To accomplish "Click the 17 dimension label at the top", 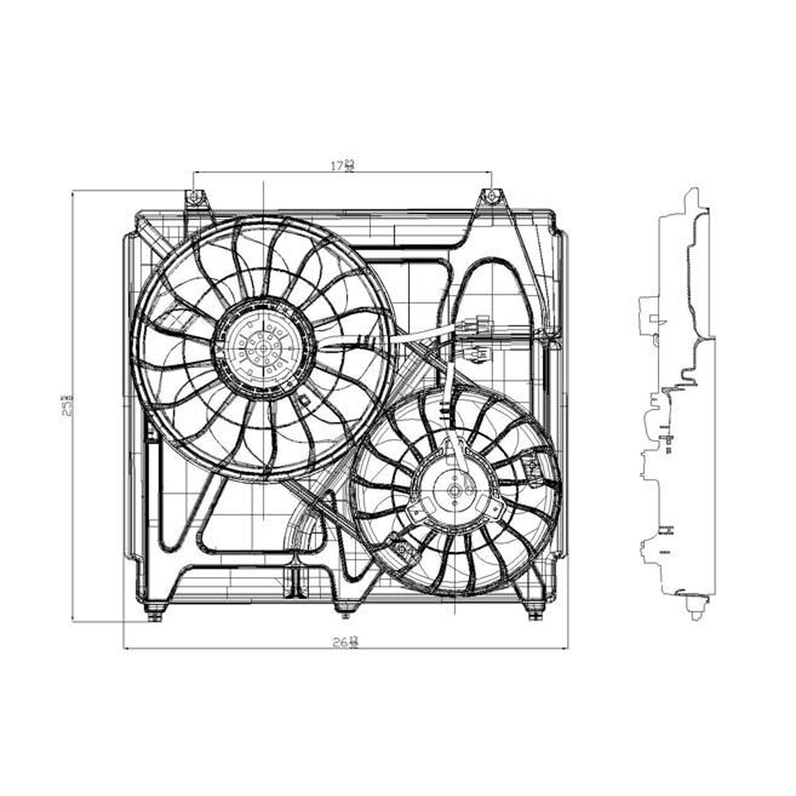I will tap(343, 166).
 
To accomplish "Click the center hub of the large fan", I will tap(264, 349).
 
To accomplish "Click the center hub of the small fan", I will tap(455, 491).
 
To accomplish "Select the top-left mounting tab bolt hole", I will tap(195, 197).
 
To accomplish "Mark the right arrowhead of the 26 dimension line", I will tap(568, 648).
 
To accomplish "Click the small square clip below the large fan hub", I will tap(304, 402).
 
